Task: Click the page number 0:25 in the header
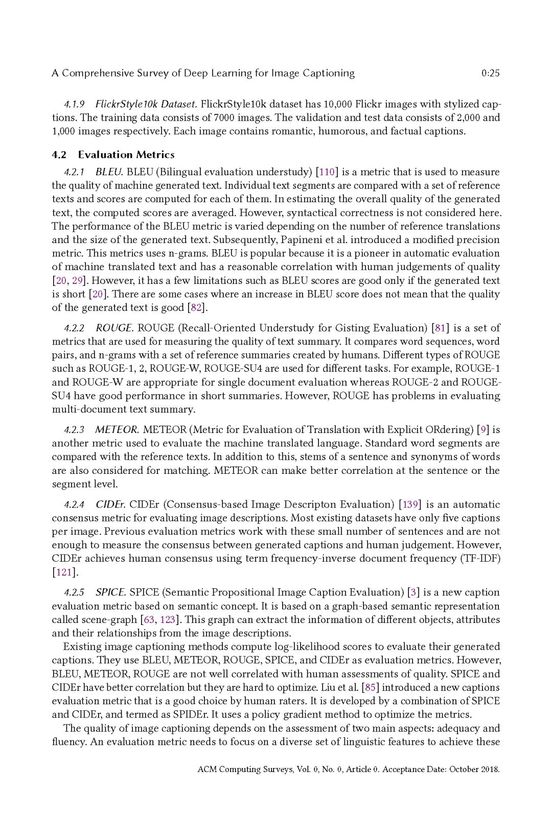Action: [490, 73]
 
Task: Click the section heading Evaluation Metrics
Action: [126, 155]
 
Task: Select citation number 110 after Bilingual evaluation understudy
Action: [327, 172]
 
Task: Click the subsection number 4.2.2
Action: [74, 328]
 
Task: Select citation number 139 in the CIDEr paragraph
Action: [410, 504]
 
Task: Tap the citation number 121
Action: [63, 572]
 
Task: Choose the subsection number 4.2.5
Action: [74, 593]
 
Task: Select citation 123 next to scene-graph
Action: [167, 620]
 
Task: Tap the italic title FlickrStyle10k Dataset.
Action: [146, 104]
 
